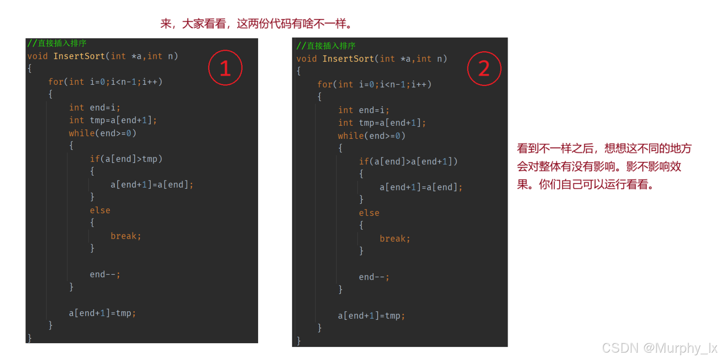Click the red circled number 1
[x=225, y=68]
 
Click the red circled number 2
[x=484, y=68]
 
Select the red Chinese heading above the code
[x=256, y=24]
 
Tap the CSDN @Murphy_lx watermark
[x=659, y=348]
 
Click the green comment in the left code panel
[x=57, y=43]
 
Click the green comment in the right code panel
[x=326, y=46]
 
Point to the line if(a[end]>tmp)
[x=126, y=159]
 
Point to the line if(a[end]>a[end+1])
[x=408, y=161]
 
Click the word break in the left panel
[x=123, y=236]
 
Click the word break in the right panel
[x=392, y=239]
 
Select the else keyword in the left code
[x=100, y=211]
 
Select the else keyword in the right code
[x=369, y=213]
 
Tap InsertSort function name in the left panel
[x=79, y=56]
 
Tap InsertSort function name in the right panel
[x=348, y=59]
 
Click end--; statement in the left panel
[x=105, y=275]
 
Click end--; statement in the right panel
[x=374, y=277]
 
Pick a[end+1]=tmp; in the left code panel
[x=102, y=313]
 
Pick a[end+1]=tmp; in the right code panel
[x=372, y=316]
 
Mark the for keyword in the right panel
[x=325, y=84]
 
